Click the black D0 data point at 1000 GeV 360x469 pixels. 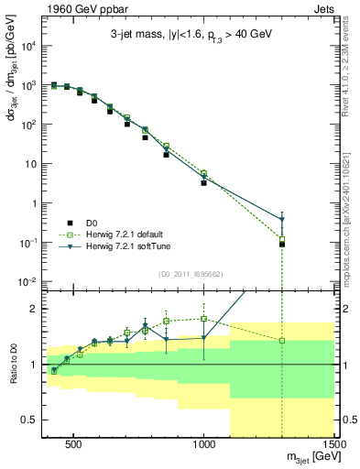click(x=203, y=183)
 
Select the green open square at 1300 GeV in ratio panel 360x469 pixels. click(x=282, y=341)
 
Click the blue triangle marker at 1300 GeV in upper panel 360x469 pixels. click(x=282, y=220)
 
